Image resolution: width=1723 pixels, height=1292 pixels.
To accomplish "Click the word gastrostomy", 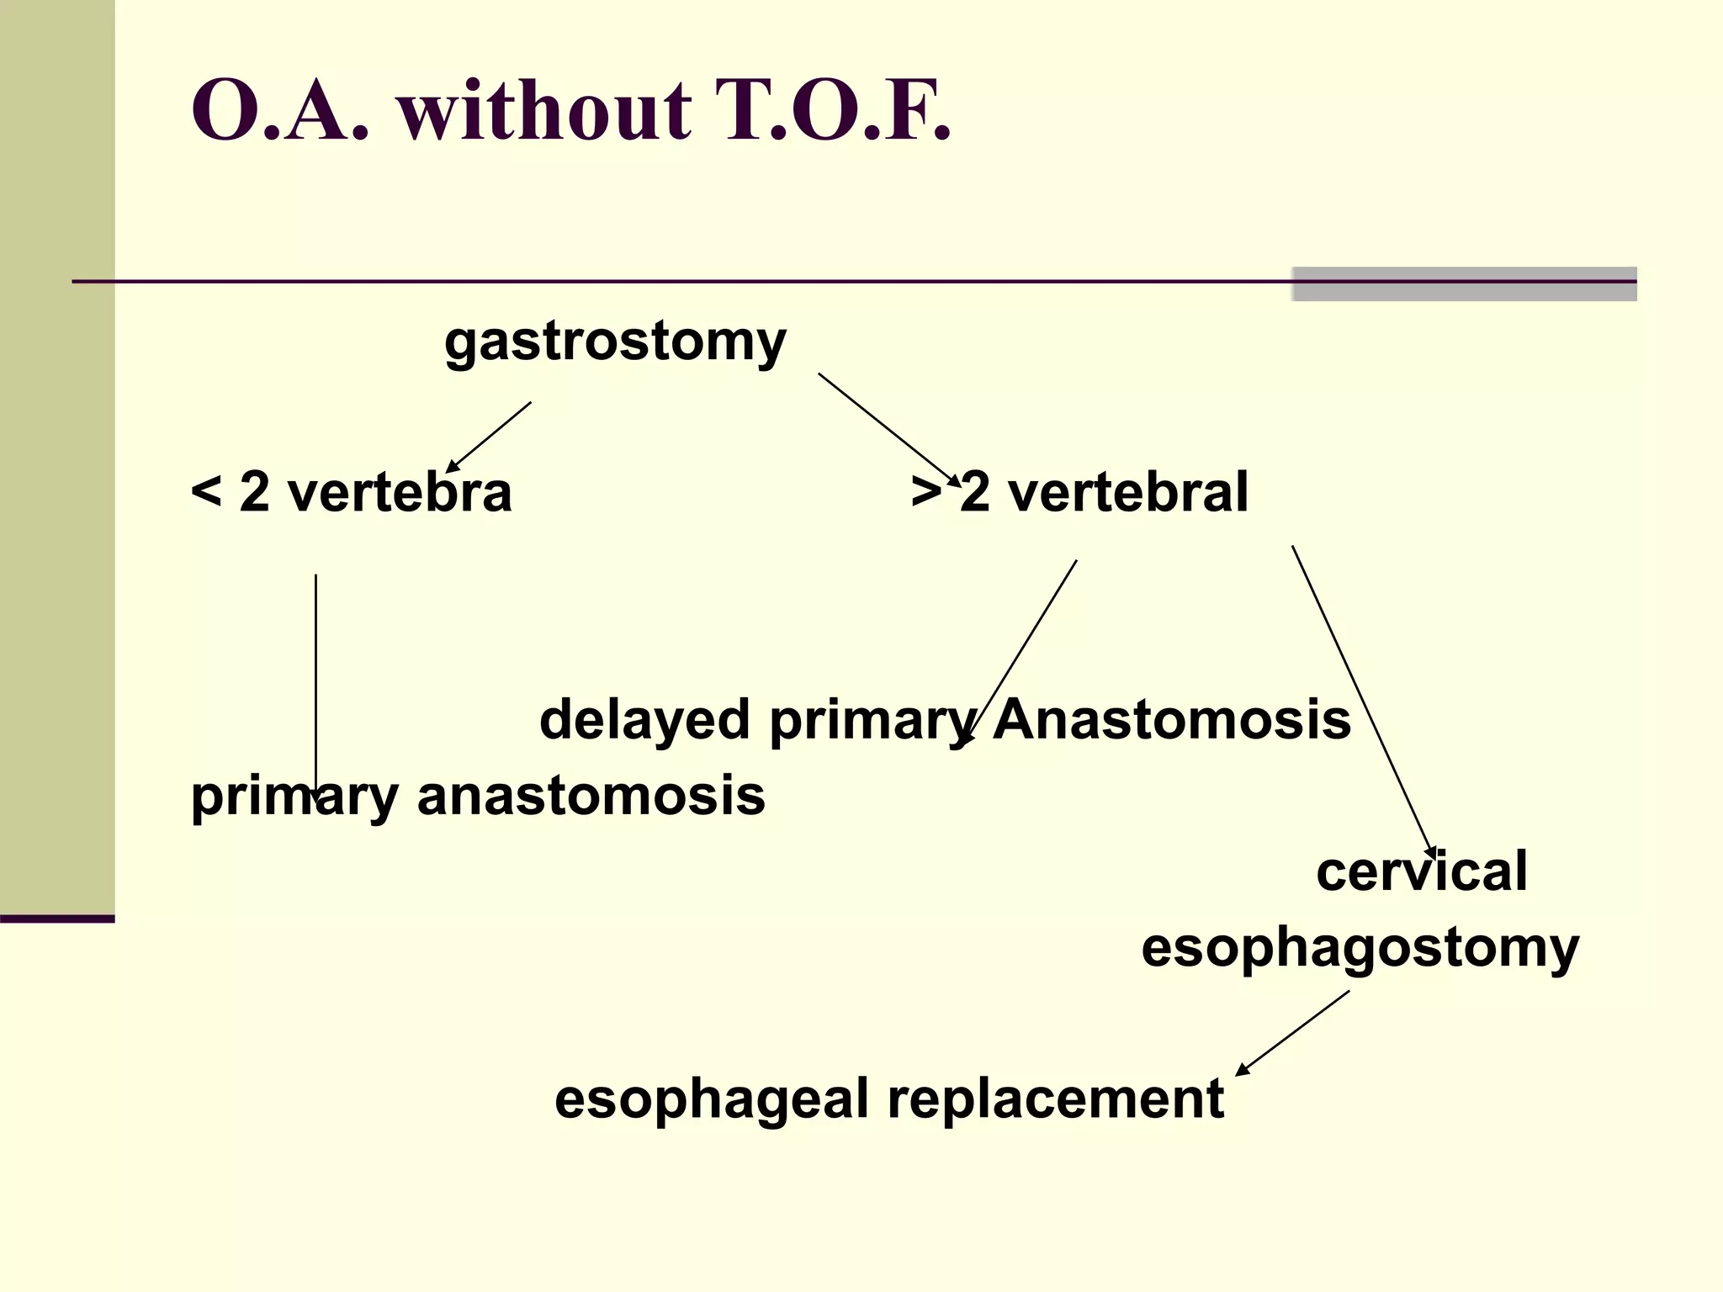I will pos(615,342).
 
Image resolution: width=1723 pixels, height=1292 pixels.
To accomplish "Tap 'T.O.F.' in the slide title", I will pos(833,111).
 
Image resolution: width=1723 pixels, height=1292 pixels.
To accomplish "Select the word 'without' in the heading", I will pos(545,111).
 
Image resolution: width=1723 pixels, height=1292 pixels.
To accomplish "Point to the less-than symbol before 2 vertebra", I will pos(205,491).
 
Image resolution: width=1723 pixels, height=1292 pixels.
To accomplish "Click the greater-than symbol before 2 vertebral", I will pos(925,491).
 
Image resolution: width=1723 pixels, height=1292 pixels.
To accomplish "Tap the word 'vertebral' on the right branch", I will pos(1127,491).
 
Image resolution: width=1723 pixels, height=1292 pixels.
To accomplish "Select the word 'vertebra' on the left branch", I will pos(400,491).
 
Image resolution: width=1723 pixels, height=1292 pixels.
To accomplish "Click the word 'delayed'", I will pos(644,720).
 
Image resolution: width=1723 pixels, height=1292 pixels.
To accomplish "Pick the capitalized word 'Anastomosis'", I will pos(1172,720).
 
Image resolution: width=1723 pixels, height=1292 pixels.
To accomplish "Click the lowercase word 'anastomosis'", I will pos(591,795).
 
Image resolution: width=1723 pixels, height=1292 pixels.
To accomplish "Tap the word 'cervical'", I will pos(1422,871).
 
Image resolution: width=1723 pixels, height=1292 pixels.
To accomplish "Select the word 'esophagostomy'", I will pos(1360,947).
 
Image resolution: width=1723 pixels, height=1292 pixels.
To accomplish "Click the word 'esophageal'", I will pos(712,1099).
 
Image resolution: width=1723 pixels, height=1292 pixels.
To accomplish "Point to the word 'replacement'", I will pos(1056,1099).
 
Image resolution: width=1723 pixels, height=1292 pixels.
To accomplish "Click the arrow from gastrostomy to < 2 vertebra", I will pos(490,437).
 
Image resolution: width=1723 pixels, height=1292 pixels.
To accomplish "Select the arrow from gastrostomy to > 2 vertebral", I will pos(888,428).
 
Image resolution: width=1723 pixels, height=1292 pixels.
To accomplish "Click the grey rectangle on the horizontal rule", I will pos(1464,283).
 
